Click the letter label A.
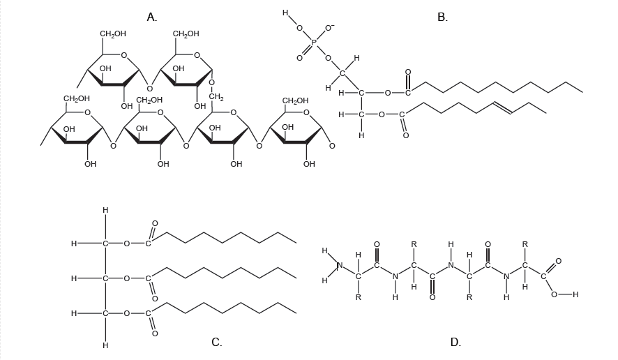click(x=151, y=17)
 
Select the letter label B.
click(x=442, y=17)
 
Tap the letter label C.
click(x=217, y=342)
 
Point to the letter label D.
click(x=455, y=342)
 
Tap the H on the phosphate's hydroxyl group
click(x=285, y=13)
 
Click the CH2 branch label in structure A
click(x=216, y=96)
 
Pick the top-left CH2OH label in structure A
click(x=113, y=33)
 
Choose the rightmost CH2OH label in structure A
click(x=295, y=100)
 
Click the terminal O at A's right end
click(x=331, y=146)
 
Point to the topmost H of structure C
click(x=105, y=209)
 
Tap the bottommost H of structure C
click(x=105, y=345)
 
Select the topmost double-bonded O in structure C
click(x=155, y=223)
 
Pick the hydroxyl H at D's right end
click(x=575, y=294)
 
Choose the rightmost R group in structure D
click(x=525, y=244)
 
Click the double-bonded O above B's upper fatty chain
click(x=408, y=72)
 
